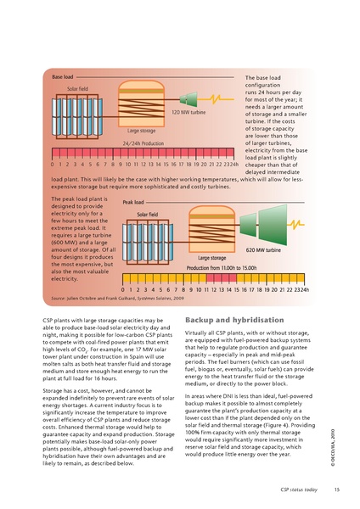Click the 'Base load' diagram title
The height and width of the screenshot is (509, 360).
point(63,77)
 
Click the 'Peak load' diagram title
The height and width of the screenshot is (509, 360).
point(133,203)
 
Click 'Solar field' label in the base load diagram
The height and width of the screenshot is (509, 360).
point(77,88)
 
